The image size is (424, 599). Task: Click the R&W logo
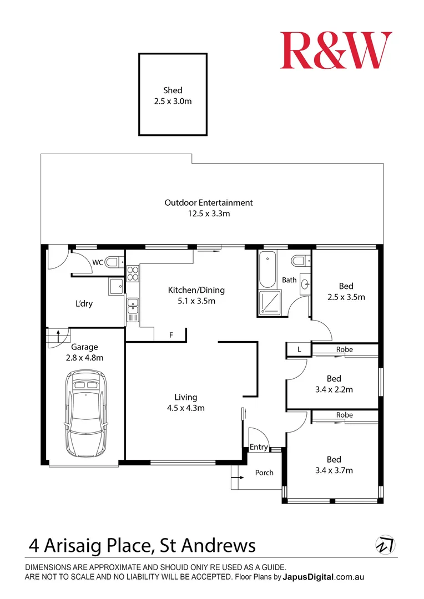(x=336, y=50)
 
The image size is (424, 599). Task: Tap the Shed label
(x=173, y=90)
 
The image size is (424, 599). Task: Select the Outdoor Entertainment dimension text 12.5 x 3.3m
(x=209, y=214)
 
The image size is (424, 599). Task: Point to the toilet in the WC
(x=114, y=262)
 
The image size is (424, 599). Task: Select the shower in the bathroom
(x=271, y=301)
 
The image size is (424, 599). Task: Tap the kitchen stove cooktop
(x=133, y=273)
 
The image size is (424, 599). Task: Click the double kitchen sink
(x=133, y=310)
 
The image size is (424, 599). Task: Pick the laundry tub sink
(x=117, y=287)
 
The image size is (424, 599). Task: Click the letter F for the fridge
(x=171, y=335)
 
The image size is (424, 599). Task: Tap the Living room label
(x=186, y=397)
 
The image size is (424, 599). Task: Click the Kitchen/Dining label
(x=196, y=290)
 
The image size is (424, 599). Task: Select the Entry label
(x=259, y=447)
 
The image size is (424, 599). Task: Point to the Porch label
(x=264, y=473)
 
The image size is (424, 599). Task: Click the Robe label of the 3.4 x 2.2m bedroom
(x=344, y=350)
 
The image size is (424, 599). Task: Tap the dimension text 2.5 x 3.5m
(x=346, y=297)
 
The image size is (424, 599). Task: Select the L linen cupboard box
(x=299, y=349)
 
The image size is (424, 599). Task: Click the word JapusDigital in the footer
(x=309, y=577)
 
